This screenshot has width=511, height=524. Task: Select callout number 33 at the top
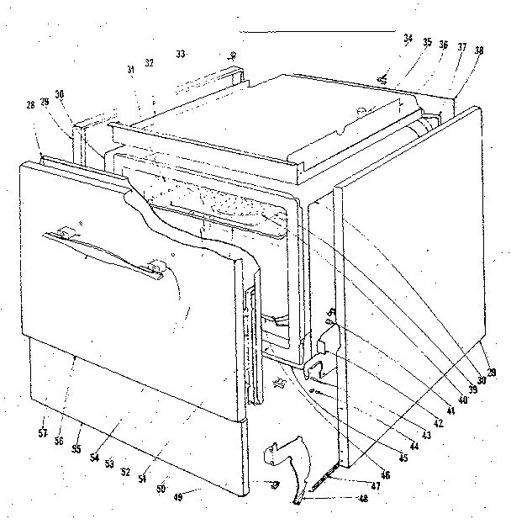(x=180, y=54)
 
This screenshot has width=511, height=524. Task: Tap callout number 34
(x=408, y=38)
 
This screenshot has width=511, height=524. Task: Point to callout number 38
(x=479, y=50)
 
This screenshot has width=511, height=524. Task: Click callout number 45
(x=404, y=458)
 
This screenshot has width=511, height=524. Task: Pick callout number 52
(x=124, y=471)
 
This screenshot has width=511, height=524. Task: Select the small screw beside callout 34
(x=383, y=79)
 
